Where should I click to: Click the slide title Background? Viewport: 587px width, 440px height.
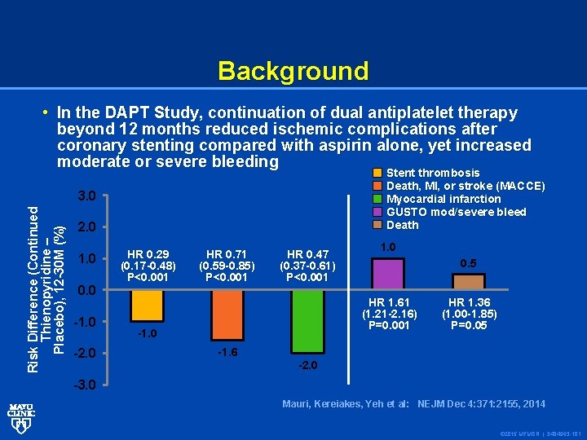click(x=293, y=71)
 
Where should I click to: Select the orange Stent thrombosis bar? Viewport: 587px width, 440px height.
click(x=147, y=306)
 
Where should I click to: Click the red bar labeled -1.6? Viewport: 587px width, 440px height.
click(x=227, y=315)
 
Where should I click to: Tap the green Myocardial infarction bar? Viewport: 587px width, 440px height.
click(x=307, y=321)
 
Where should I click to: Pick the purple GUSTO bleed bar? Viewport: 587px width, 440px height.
click(x=388, y=274)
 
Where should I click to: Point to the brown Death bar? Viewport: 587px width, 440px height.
click(x=468, y=282)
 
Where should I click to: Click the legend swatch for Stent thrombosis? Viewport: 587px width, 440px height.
click(x=377, y=173)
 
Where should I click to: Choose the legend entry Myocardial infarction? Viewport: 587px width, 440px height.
click(x=443, y=199)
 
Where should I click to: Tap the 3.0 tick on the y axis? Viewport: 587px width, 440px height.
click(x=86, y=196)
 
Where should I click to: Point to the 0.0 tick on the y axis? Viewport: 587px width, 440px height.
click(x=86, y=290)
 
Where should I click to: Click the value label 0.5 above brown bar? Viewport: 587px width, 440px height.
click(x=468, y=263)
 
